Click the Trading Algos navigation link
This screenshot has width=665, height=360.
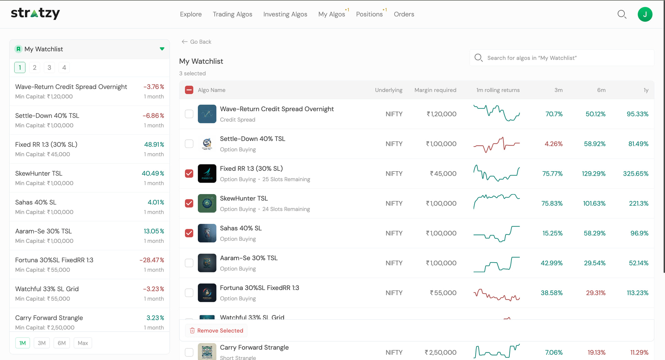[x=232, y=14]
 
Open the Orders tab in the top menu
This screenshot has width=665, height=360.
[x=404, y=14]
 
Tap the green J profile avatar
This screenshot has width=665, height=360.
[x=645, y=14]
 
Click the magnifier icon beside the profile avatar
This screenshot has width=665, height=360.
[x=622, y=14]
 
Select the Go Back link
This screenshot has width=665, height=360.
[x=196, y=42]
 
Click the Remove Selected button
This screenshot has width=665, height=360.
[x=216, y=331]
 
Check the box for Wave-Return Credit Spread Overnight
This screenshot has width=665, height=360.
[x=189, y=114]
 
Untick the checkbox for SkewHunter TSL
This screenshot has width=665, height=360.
[x=189, y=203]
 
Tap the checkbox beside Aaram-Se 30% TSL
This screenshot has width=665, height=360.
[x=189, y=263]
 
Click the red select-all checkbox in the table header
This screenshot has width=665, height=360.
[x=189, y=90]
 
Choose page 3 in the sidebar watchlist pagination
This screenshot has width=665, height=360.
[x=49, y=68]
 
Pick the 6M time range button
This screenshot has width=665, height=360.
[x=62, y=343]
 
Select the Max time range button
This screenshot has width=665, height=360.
[x=83, y=343]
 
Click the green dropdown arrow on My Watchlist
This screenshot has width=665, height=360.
[x=162, y=49]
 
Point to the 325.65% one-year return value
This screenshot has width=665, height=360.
[x=636, y=174]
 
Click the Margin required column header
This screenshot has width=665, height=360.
[x=435, y=90]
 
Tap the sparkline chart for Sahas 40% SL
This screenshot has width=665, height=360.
[x=497, y=233]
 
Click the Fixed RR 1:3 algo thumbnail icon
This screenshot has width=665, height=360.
[x=207, y=174]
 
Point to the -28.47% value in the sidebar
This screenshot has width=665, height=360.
[x=152, y=260]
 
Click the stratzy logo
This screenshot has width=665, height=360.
[x=35, y=13]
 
